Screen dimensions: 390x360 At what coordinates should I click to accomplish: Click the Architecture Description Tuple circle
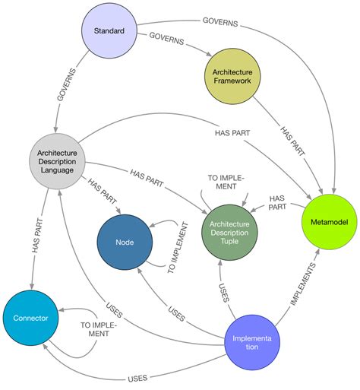229,227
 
